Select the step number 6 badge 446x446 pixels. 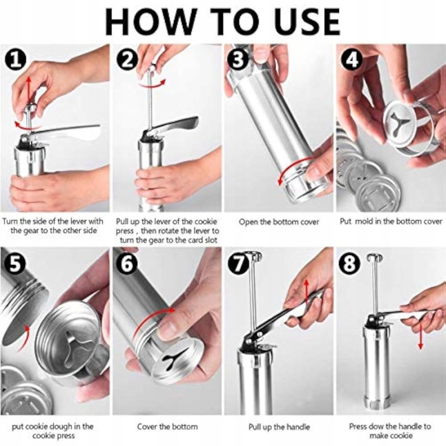[x=127, y=264]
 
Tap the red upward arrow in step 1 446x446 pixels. [x=28, y=90]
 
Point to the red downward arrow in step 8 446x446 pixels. [x=420, y=333]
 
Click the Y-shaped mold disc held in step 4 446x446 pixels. [x=398, y=123]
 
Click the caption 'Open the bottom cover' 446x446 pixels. [x=279, y=222]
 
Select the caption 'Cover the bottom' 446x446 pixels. [x=167, y=426]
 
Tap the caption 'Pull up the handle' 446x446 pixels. [x=279, y=426]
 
